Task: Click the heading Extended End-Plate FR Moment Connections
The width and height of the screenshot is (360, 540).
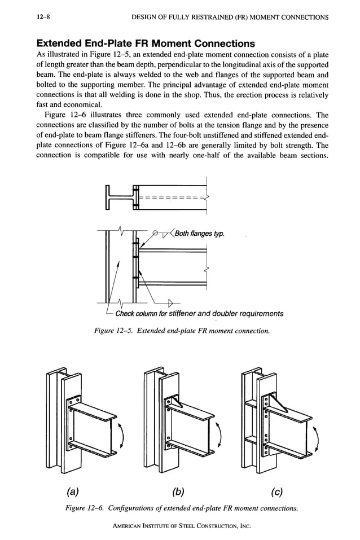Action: [145, 43]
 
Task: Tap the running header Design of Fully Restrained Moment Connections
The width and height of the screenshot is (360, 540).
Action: [230, 17]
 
